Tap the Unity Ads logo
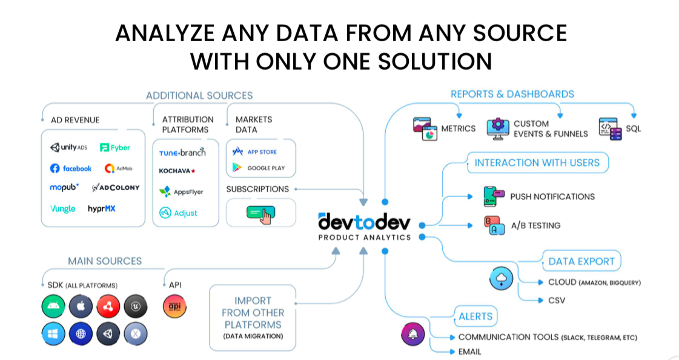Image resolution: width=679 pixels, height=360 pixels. coord(68,147)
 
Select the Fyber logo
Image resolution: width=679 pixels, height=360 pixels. coord(115,147)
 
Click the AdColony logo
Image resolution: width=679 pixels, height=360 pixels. coord(116,188)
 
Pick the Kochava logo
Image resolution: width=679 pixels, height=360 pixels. coord(177,171)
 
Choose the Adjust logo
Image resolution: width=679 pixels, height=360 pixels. coord(178,213)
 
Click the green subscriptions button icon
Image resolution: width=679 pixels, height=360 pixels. coord(260,213)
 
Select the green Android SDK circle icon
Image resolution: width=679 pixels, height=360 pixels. coord(53,307)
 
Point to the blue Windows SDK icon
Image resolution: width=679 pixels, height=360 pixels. coord(53,333)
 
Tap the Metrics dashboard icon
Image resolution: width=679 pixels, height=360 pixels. coord(426,128)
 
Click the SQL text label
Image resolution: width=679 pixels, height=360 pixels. coord(633,128)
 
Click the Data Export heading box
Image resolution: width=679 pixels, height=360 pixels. coord(581,262)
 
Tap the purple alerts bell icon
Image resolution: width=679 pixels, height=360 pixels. coord(414,333)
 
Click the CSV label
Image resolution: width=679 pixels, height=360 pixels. coord(556,300)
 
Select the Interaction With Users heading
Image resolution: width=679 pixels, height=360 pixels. coord(537,162)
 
